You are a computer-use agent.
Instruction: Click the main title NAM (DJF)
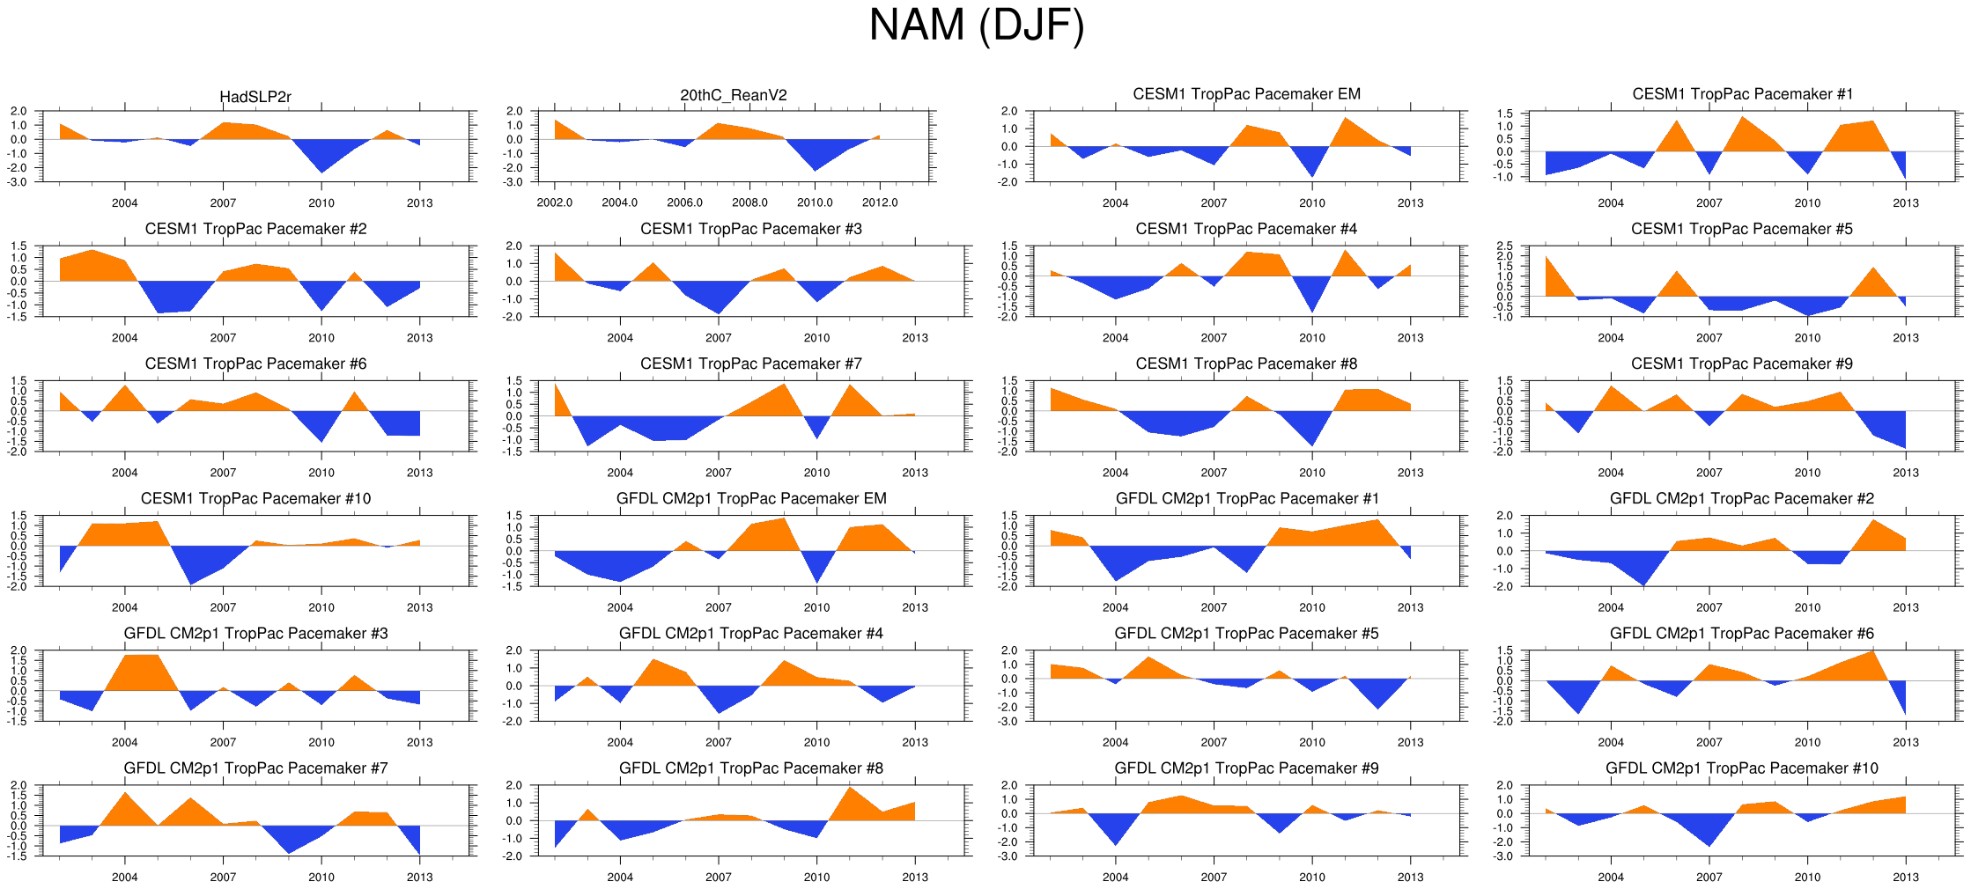976,25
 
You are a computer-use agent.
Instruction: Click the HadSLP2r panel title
255,97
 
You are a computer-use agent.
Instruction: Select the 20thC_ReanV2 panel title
734,95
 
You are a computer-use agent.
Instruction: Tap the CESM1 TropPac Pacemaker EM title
1246,94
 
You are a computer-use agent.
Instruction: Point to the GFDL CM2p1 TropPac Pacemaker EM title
751,499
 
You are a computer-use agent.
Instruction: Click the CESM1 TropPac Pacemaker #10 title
255,499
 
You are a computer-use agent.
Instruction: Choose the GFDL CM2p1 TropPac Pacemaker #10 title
1741,768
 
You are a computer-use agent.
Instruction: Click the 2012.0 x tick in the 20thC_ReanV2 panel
880,203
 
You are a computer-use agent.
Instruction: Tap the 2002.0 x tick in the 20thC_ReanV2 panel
555,203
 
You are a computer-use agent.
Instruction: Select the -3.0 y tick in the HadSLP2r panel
18,182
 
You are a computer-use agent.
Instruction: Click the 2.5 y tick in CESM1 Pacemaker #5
1504,246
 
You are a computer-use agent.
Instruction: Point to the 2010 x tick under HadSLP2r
321,203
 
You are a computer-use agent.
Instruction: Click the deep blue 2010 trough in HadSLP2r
322,163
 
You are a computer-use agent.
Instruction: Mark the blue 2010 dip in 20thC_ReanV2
816,162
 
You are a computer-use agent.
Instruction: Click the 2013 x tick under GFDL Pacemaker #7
419,878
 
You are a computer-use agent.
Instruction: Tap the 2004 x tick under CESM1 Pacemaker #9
1611,473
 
